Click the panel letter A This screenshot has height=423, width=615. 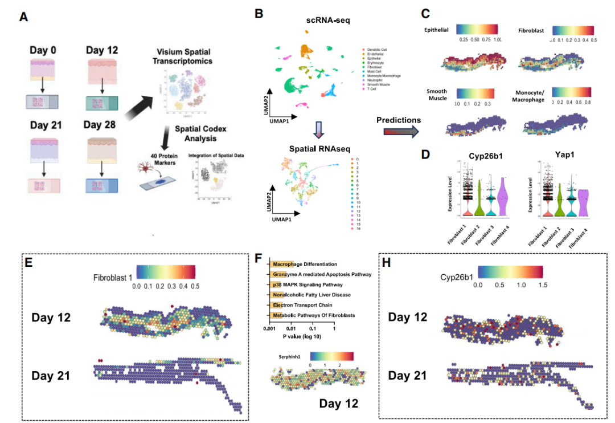pos(23,17)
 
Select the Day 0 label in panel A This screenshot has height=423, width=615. pos(43,50)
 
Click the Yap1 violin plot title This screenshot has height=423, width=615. pos(564,154)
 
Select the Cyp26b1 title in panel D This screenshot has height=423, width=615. pos(485,154)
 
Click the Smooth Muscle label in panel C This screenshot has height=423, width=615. pos(437,95)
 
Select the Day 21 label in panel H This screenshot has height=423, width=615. pos(408,376)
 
